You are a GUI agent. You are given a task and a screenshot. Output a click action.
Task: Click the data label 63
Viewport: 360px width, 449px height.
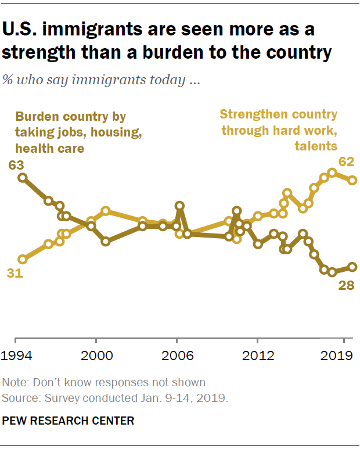point(16,165)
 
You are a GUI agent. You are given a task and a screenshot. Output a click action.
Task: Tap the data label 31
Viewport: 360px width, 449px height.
point(15,274)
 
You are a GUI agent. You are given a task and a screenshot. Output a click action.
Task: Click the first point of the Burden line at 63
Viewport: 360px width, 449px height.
point(23,178)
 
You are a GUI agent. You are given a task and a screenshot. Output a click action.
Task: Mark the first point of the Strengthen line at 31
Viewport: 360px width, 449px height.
point(23,259)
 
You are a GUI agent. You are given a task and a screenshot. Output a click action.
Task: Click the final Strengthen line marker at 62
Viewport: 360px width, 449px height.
point(352,180)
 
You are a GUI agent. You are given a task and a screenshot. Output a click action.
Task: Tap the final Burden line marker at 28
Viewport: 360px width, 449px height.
point(352,267)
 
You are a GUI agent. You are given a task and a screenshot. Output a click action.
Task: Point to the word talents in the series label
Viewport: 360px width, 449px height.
point(316,146)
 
